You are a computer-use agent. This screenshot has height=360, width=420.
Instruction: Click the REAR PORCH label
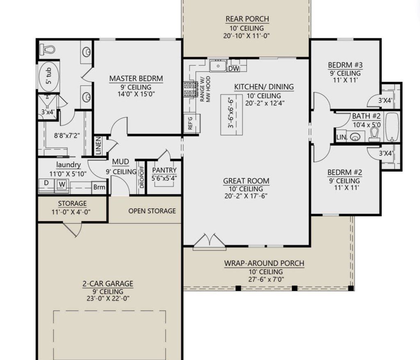pos(247,19)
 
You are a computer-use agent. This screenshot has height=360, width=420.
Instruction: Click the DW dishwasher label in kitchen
pos(233,69)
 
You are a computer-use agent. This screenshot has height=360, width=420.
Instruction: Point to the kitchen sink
pos(218,65)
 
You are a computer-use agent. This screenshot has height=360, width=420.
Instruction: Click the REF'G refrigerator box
pos(190,123)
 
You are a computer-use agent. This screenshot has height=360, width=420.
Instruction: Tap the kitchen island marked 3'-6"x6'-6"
pos(231,115)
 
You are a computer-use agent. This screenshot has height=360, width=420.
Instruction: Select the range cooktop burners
pos(190,89)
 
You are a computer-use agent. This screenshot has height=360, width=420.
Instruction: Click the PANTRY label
pos(164,170)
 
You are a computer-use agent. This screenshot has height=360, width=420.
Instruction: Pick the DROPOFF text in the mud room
pos(142,177)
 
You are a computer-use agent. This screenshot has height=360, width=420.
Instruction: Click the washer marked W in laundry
pos(62,184)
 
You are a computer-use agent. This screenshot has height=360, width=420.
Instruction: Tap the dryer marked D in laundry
pos(46,182)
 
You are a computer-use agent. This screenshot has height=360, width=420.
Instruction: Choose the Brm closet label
pos(99,188)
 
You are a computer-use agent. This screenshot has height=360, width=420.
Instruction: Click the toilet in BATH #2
pos(374,134)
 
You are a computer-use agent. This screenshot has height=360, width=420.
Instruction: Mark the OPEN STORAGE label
pos(152,211)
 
